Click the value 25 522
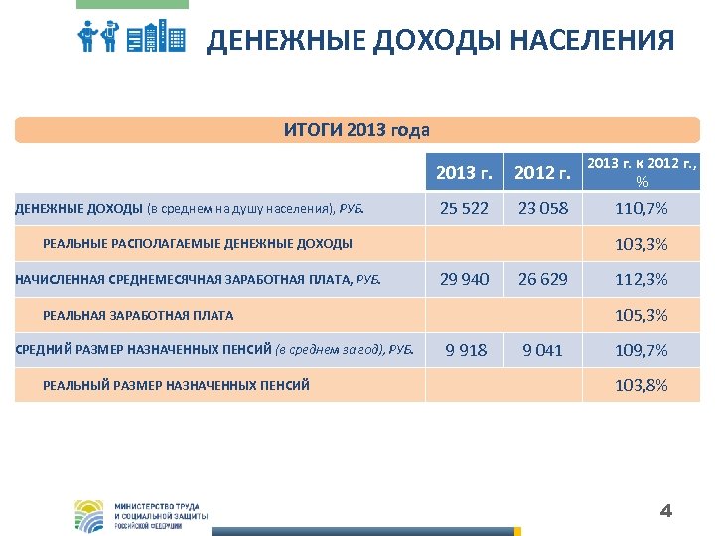point(465,208)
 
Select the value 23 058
point(541,208)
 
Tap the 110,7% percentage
point(642,208)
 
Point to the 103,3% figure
point(642,244)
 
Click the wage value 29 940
point(465,279)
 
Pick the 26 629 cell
point(541,279)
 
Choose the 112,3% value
point(642,279)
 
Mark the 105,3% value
point(642,316)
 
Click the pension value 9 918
point(466,350)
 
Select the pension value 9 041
point(542,350)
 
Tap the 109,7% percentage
point(642,350)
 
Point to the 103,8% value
point(642,385)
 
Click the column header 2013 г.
point(465,173)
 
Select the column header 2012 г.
point(541,173)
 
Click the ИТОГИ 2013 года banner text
point(357,130)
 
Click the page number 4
point(666,512)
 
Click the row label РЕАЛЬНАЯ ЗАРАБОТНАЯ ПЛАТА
point(138,316)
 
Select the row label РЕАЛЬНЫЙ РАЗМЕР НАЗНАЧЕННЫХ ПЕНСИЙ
point(176,385)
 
